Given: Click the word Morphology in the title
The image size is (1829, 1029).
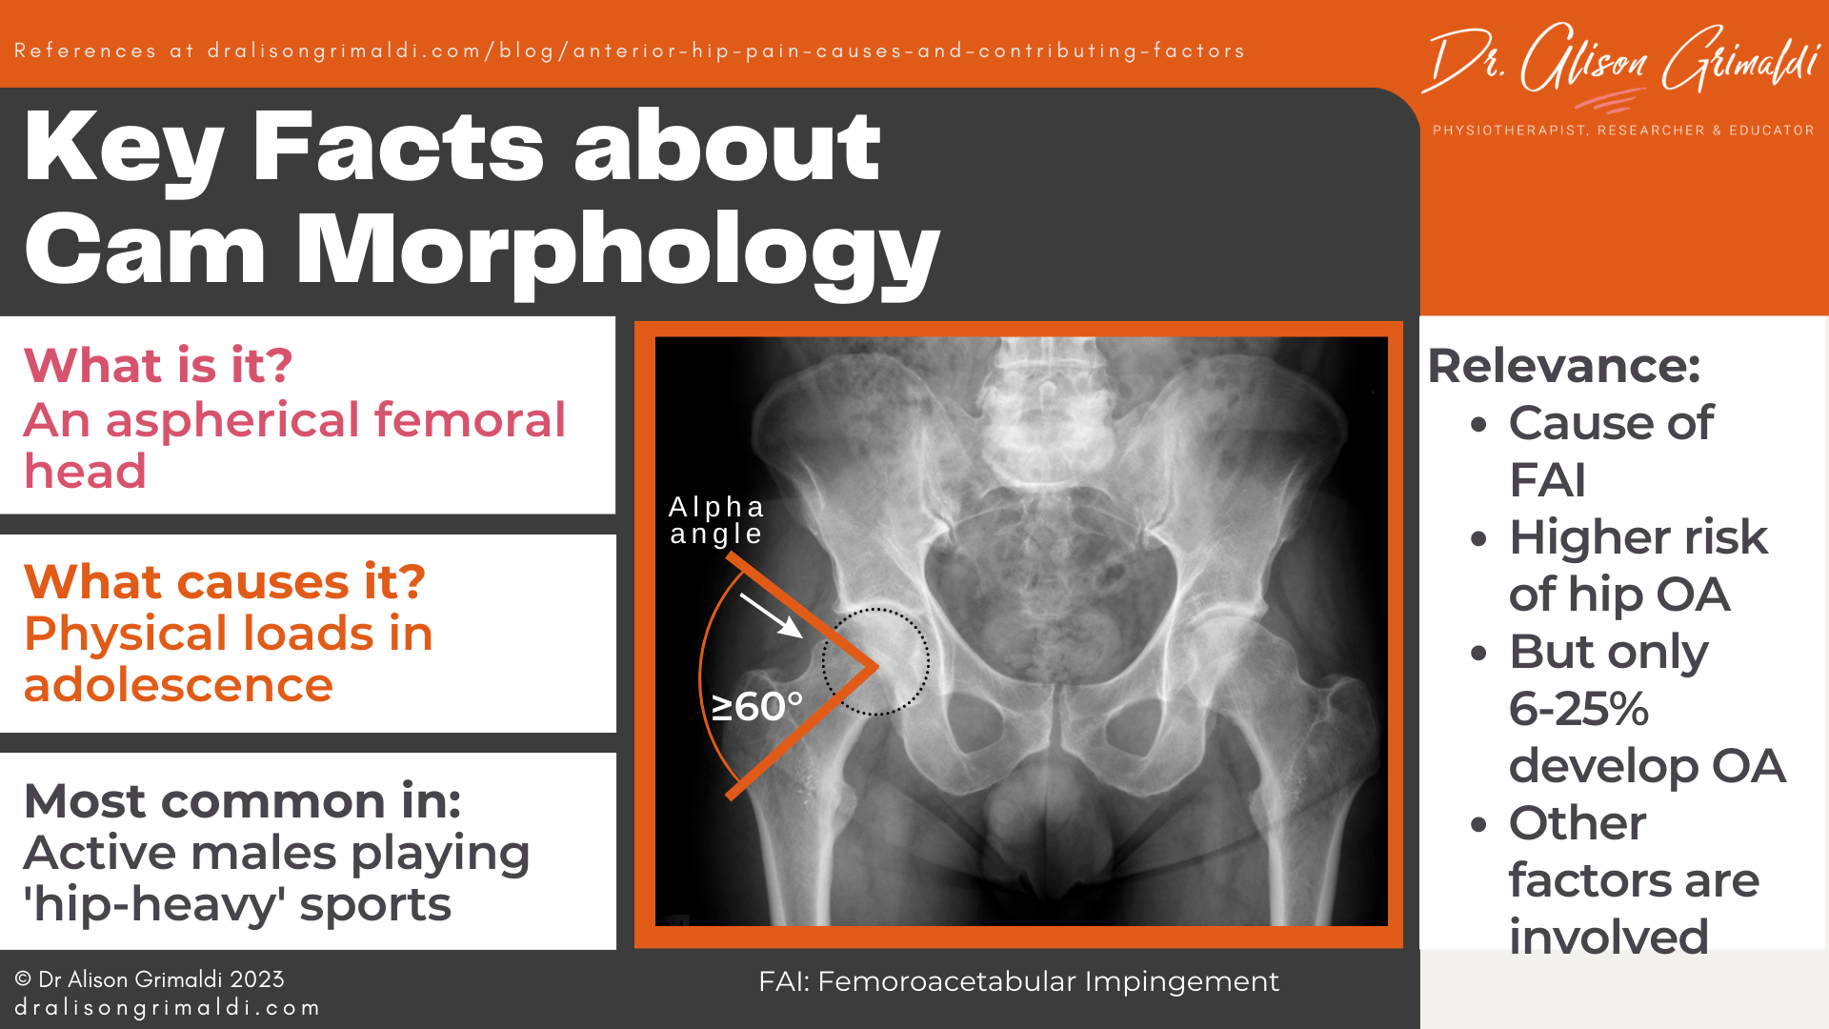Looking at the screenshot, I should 617,250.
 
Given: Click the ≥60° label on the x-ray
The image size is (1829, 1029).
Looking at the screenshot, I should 757,707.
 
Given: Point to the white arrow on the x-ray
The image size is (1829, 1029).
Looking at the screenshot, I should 771,615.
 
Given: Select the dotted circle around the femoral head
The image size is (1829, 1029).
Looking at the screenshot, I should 875,661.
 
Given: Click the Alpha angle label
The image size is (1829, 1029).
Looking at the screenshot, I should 716,520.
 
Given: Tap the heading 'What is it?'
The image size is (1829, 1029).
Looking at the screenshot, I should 158,366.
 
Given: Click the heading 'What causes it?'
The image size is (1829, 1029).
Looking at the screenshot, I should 224,582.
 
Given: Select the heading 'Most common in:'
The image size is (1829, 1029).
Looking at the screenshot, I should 242,801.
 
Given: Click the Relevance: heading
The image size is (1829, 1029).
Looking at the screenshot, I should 1563,366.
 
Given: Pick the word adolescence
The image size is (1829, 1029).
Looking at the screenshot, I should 178,685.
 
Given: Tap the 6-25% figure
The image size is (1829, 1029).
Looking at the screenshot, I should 1578,709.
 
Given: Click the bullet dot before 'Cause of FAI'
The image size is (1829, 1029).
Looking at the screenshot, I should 1478,425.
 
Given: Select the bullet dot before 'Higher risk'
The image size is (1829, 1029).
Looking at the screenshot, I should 1478,539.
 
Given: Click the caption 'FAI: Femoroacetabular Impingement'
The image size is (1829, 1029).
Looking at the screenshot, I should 1018,981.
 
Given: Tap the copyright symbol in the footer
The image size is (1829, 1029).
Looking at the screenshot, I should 23,979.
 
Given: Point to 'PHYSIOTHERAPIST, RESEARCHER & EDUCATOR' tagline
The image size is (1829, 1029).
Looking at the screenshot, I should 1623,131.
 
